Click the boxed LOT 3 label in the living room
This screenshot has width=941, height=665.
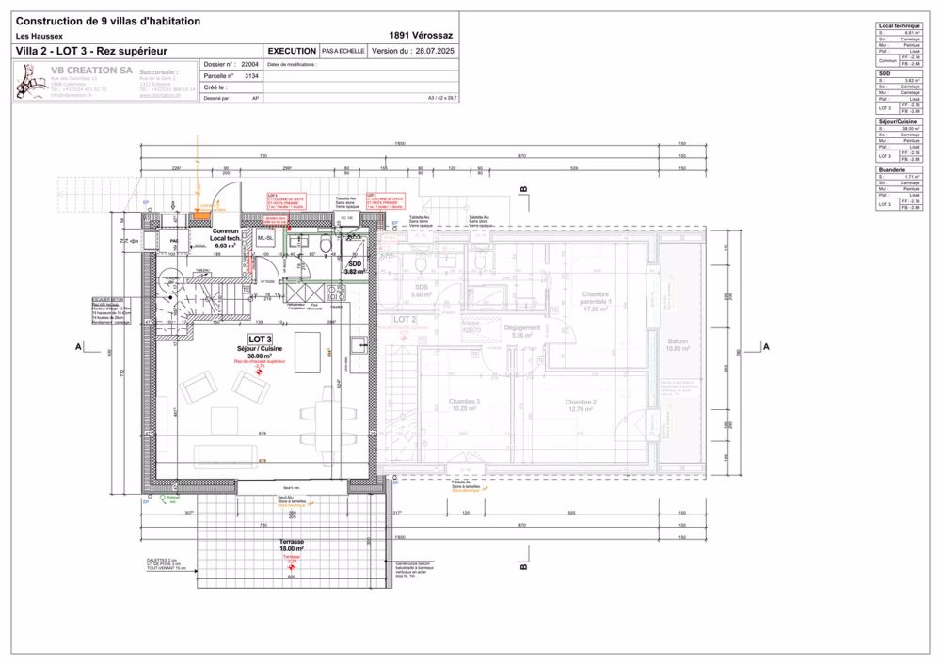click(x=260, y=339)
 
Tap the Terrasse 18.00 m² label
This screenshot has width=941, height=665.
click(x=292, y=545)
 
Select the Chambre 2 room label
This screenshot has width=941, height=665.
click(x=581, y=405)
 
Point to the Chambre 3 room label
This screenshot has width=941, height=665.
click(x=465, y=405)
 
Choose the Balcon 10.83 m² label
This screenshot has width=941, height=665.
click(x=678, y=344)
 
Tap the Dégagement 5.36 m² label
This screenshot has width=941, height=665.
click(x=522, y=331)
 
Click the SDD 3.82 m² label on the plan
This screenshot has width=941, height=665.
click(x=354, y=266)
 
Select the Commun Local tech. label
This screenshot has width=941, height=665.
click(x=225, y=237)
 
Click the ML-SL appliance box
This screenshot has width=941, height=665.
click(x=265, y=239)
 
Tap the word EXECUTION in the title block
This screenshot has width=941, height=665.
click(x=292, y=51)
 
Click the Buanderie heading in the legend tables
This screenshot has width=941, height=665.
click(x=892, y=170)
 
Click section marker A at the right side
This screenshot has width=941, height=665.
click(x=766, y=347)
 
